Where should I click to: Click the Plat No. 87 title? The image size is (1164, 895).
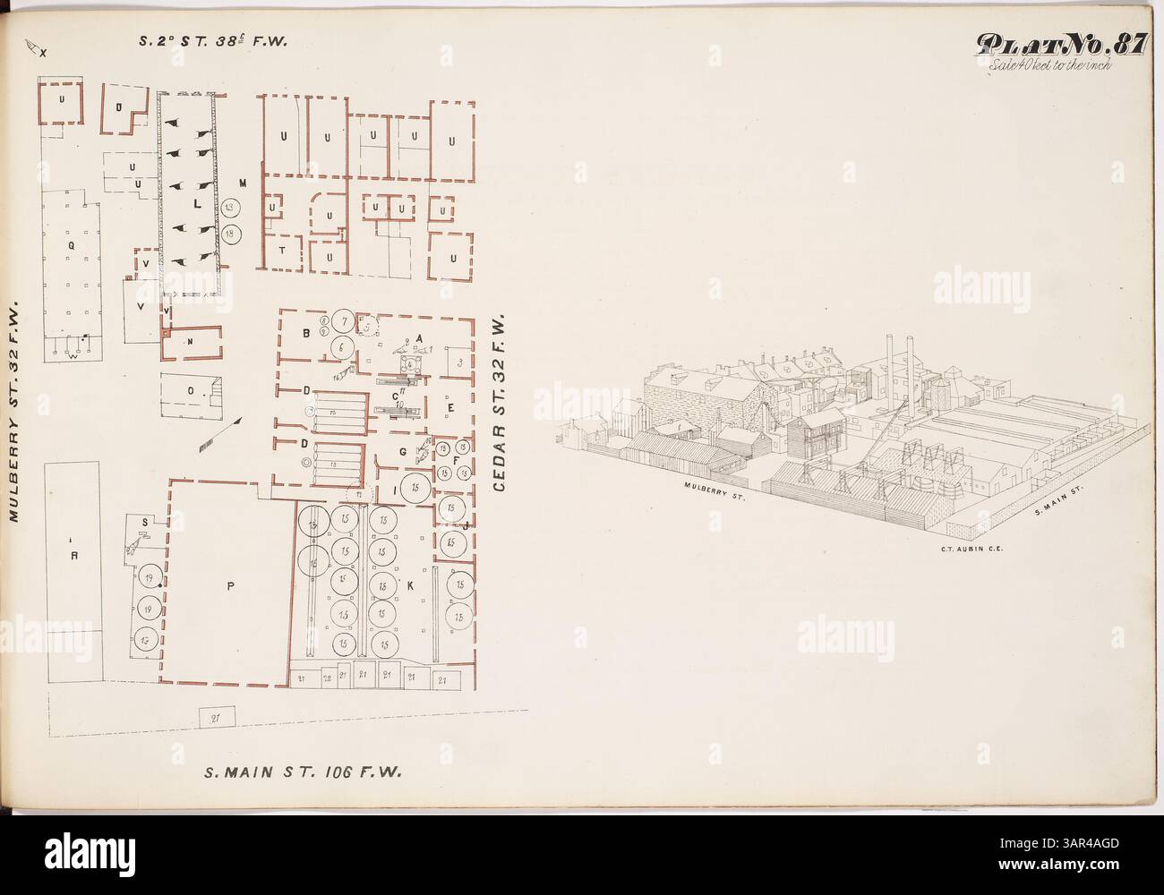pos(1059,45)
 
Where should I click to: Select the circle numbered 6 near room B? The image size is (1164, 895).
pos(341,345)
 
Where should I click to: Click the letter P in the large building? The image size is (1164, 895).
pos(230,587)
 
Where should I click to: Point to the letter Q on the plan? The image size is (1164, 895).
pos(70,243)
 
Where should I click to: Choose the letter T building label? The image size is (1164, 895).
pos(282,251)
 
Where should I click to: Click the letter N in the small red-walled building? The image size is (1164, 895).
pos(190,341)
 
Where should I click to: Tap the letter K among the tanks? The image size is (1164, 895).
pos(409,584)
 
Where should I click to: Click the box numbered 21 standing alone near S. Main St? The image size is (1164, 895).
pos(216,716)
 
